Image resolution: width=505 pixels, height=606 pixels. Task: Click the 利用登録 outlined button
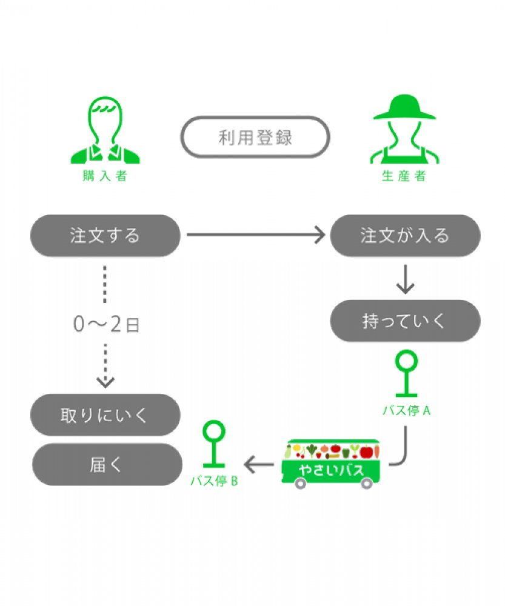[x=255, y=137]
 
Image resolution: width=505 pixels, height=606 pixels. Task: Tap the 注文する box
[x=105, y=235]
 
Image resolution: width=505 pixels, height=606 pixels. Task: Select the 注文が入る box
[x=404, y=235]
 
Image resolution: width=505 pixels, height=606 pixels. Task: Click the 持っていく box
[x=404, y=321]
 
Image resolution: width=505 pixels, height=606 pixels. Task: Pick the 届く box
[x=106, y=464]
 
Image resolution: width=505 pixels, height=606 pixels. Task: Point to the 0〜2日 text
[x=106, y=325]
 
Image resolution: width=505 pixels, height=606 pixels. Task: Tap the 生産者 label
[x=404, y=176]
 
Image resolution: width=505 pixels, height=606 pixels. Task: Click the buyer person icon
[x=105, y=132]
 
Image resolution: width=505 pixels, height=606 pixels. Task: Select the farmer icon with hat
[x=404, y=130]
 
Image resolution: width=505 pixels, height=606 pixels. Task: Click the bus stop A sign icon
[x=406, y=374]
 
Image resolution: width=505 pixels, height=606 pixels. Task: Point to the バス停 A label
[x=406, y=410]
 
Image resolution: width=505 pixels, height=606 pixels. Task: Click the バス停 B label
[x=214, y=481]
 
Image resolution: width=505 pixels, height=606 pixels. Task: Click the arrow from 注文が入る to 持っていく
[x=404, y=279]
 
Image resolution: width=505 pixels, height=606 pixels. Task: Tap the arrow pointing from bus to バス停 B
[x=259, y=465]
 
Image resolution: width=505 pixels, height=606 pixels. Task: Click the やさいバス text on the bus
[x=331, y=471]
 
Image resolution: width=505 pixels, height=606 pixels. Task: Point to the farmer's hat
[x=404, y=108]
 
